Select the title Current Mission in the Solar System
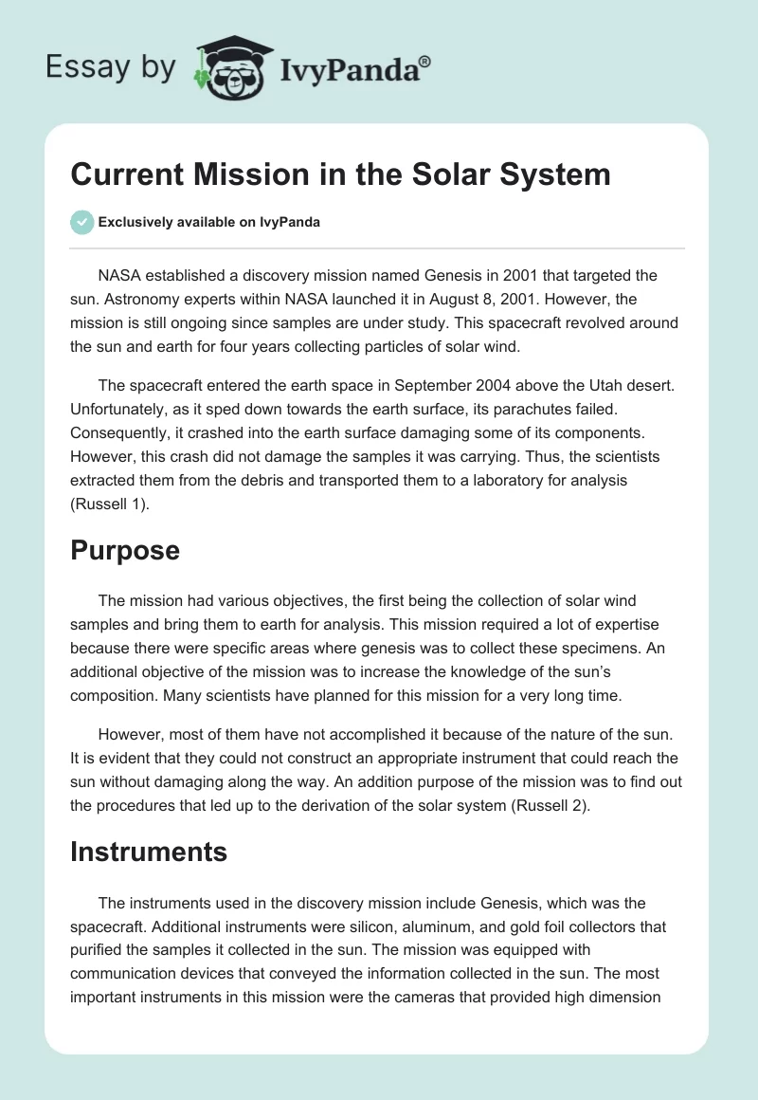pos(341,174)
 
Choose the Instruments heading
pos(149,852)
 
